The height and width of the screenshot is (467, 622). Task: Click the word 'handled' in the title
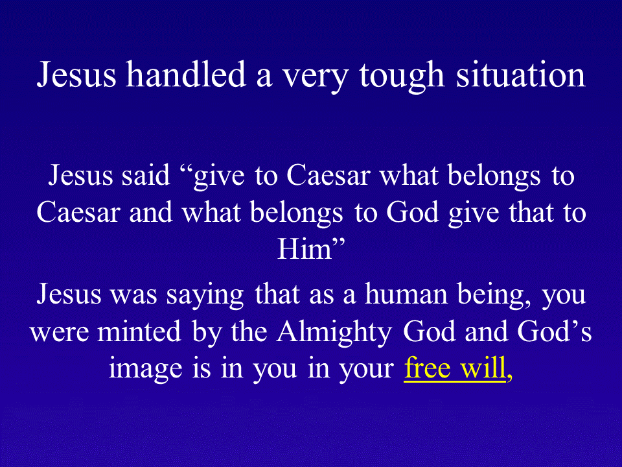point(186,74)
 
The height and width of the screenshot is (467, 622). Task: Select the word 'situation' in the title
point(520,75)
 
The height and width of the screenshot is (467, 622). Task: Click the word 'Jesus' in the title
point(76,75)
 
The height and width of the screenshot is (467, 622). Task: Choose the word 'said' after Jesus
point(146,176)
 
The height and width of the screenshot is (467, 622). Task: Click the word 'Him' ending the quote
point(305,249)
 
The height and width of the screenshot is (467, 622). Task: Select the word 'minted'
point(139,331)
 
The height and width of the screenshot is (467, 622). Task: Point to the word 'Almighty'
point(334,333)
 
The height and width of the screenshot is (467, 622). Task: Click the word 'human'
point(406,294)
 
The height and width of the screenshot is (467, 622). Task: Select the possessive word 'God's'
point(554,331)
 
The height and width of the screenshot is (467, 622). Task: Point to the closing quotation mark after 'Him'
point(338,243)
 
